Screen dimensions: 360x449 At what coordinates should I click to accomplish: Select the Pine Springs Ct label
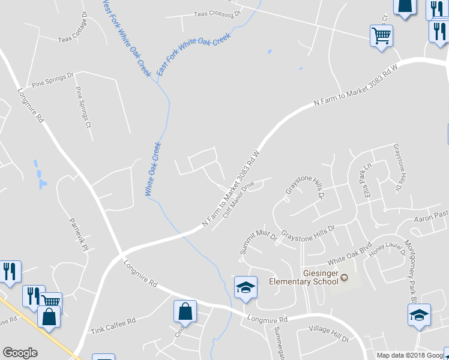82,107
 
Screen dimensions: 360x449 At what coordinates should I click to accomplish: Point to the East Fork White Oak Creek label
193,54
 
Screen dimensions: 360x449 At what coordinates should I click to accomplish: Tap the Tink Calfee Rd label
113,327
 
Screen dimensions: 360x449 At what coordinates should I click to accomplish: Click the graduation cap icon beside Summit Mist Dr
246,287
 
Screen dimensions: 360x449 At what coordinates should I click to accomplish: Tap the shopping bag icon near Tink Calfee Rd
185,311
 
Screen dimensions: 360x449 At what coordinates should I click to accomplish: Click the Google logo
20,353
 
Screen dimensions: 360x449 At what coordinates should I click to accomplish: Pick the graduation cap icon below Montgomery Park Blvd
420,315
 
